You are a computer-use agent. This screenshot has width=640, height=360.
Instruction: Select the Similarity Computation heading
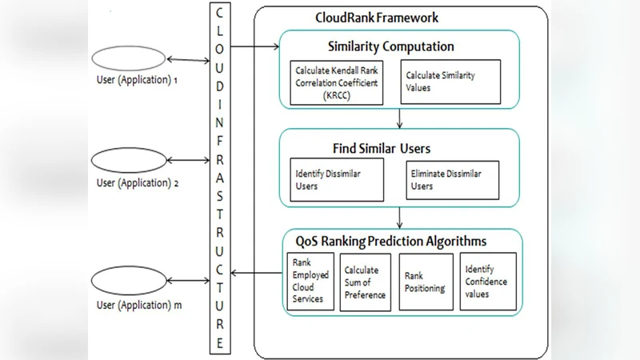point(391,46)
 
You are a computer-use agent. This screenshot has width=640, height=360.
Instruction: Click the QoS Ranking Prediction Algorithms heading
point(391,241)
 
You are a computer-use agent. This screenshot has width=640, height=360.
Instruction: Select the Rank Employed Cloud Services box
point(310,282)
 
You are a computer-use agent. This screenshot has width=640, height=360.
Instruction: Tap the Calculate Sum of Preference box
point(365,282)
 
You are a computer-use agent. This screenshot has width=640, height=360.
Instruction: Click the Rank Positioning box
point(425,282)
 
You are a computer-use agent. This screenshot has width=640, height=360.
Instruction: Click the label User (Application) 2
point(137,182)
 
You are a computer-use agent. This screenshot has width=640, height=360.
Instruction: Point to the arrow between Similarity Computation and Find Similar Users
point(399,118)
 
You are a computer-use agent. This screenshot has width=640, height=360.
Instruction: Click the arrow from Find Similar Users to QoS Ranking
point(399,218)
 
